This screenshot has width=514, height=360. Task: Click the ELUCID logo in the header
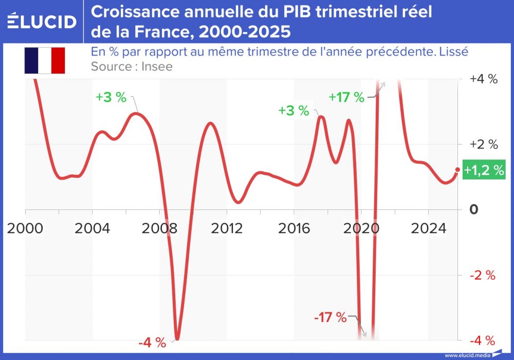42,22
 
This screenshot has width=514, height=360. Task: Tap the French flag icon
44,60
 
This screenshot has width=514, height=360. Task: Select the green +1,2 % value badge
484,170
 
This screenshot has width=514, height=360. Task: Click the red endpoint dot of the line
457,170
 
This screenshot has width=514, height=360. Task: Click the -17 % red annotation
331,317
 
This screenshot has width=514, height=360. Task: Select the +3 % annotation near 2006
111,97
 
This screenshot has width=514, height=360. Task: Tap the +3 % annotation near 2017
293,110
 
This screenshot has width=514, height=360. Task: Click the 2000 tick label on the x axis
25,228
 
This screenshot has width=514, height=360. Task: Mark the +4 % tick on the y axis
484,79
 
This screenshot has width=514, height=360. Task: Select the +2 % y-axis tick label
484,144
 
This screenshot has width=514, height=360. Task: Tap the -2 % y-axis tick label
483,275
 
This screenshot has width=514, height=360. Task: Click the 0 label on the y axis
473,209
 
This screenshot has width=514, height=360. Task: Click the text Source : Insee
132,66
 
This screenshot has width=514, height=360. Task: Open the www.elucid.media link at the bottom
467,355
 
